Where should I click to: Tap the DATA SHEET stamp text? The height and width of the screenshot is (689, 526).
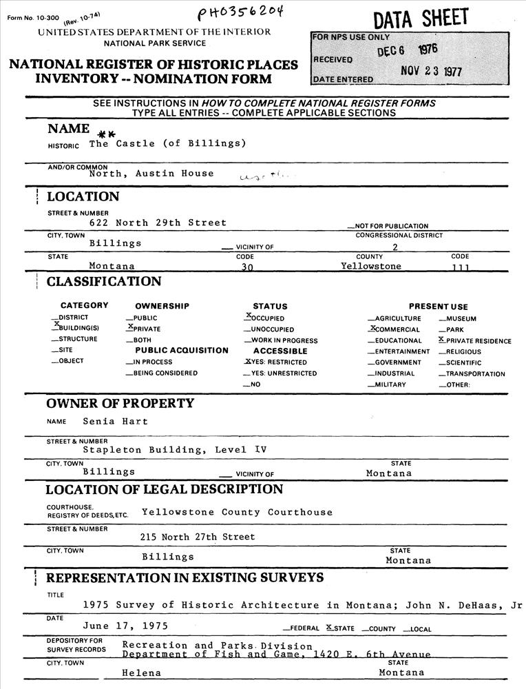(x=420, y=19)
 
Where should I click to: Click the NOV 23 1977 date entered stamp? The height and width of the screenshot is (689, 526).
(x=431, y=72)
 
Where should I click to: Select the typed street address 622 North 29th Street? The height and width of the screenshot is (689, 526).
(x=158, y=223)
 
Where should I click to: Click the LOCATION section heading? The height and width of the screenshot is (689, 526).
(x=83, y=197)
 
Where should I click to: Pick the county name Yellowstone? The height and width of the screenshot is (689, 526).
(x=370, y=266)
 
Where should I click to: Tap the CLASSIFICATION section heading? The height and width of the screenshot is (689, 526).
(x=104, y=282)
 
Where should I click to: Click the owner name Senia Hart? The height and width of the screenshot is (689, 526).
(x=115, y=421)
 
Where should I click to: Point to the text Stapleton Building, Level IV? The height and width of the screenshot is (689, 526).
(x=174, y=450)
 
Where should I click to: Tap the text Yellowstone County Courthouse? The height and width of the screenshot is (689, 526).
(x=237, y=512)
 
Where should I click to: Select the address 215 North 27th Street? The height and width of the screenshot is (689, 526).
(x=198, y=535)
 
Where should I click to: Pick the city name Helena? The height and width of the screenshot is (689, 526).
(x=141, y=672)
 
